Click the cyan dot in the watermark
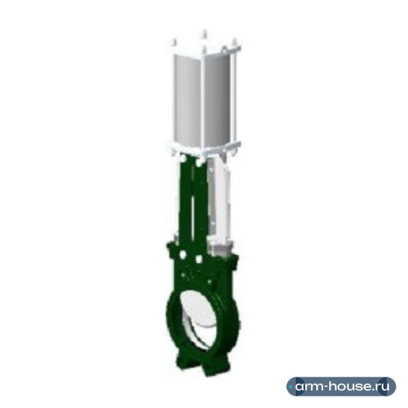coord(290,387)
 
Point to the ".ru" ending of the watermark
coord(383,386)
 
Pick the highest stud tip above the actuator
coord(205,33)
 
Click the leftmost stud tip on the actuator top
coord(174,41)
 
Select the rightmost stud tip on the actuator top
coord(234,41)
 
